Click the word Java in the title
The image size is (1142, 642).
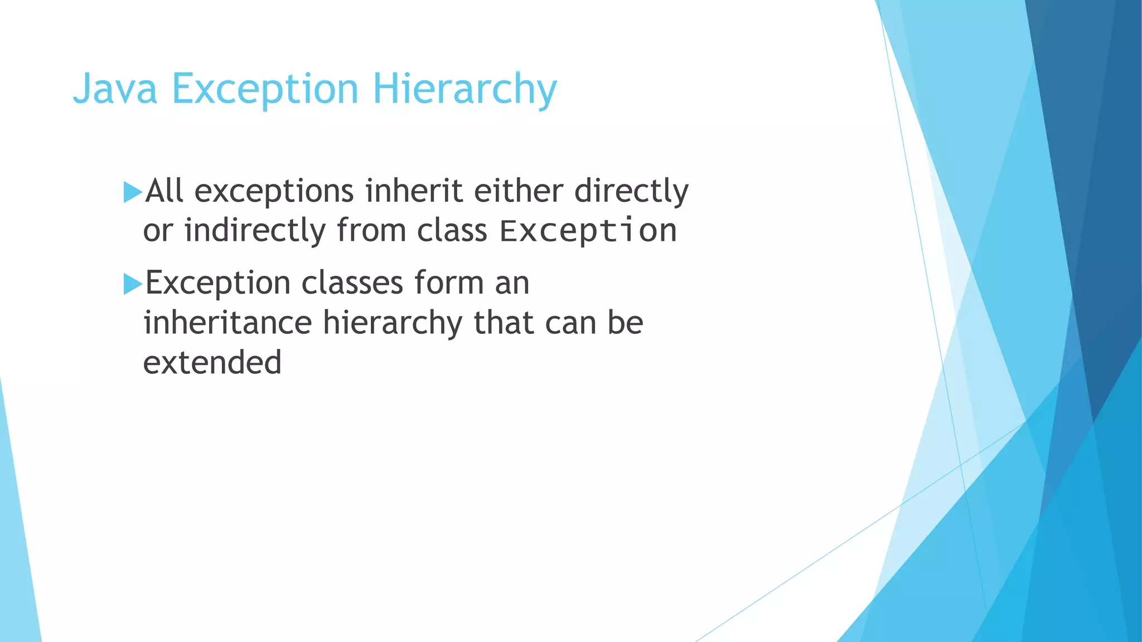[x=115, y=89]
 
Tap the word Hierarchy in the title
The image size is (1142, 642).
[x=464, y=89]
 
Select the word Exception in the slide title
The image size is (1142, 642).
[x=265, y=89]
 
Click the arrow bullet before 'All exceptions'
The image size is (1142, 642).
[x=133, y=192]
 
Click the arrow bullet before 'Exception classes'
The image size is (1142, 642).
[x=133, y=284]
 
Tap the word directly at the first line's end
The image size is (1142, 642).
[x=631, y=191]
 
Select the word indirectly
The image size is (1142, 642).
[x=255, y=230]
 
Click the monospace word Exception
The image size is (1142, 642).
[x=588, y=230]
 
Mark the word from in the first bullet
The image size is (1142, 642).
[x=371, y=230]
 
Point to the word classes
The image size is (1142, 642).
[x=352, y=283]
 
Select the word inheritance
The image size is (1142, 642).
[x=228, y=323]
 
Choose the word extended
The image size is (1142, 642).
[x=212, y=362]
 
